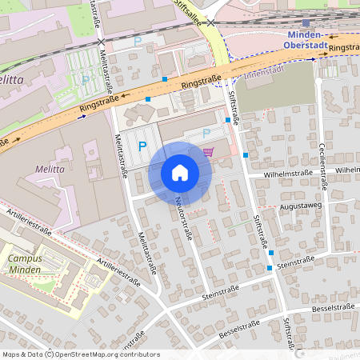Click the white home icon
pos(180,172)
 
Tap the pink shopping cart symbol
pos(209,152)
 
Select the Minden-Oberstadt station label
pos(305,40)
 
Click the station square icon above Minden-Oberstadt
pos(306,23)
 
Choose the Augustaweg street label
pos(300,206)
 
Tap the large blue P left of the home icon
pos(142,146)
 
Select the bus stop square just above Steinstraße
pos(271,253)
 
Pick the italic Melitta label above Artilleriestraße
pos(49,170)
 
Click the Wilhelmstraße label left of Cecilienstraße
pos(267,172)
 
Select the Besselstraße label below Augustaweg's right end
pos(332,307)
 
